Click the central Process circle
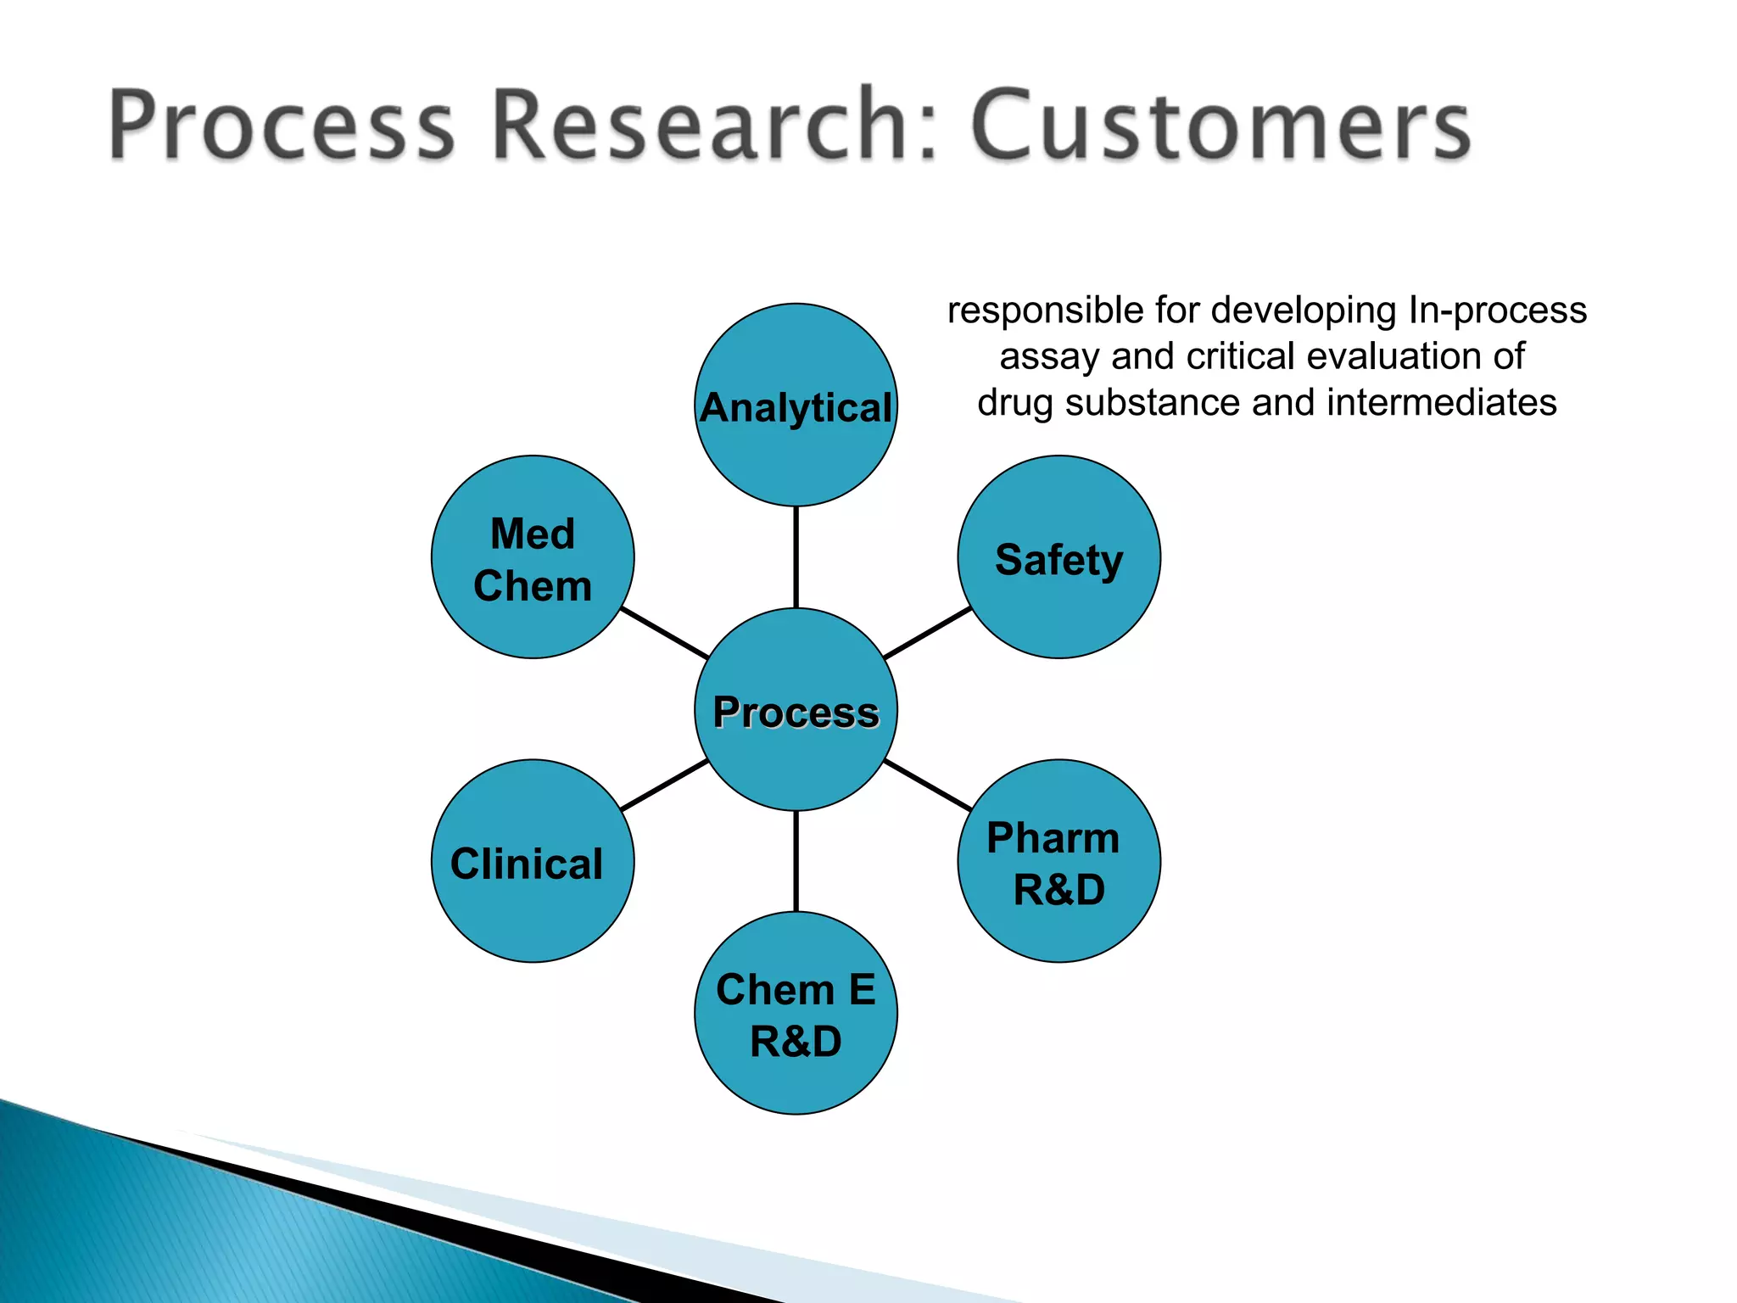[x=796, y=710]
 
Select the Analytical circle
[x=796, y=405]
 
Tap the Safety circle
[x=1058, y=557]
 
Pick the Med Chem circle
[x=533, y=557]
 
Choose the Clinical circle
[x=533, y=861]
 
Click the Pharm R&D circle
[x=1058, y=861]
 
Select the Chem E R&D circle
[x=796, y=1013]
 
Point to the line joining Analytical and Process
[x=796, y=557]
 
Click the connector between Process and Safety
[x=927, y=633]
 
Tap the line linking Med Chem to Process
[x=664, y=633]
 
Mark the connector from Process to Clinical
[x=664, y=786]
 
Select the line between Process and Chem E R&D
[x=796, y=861]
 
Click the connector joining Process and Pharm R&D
[x=927, y=786]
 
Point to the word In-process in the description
[x=1497, y=311]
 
